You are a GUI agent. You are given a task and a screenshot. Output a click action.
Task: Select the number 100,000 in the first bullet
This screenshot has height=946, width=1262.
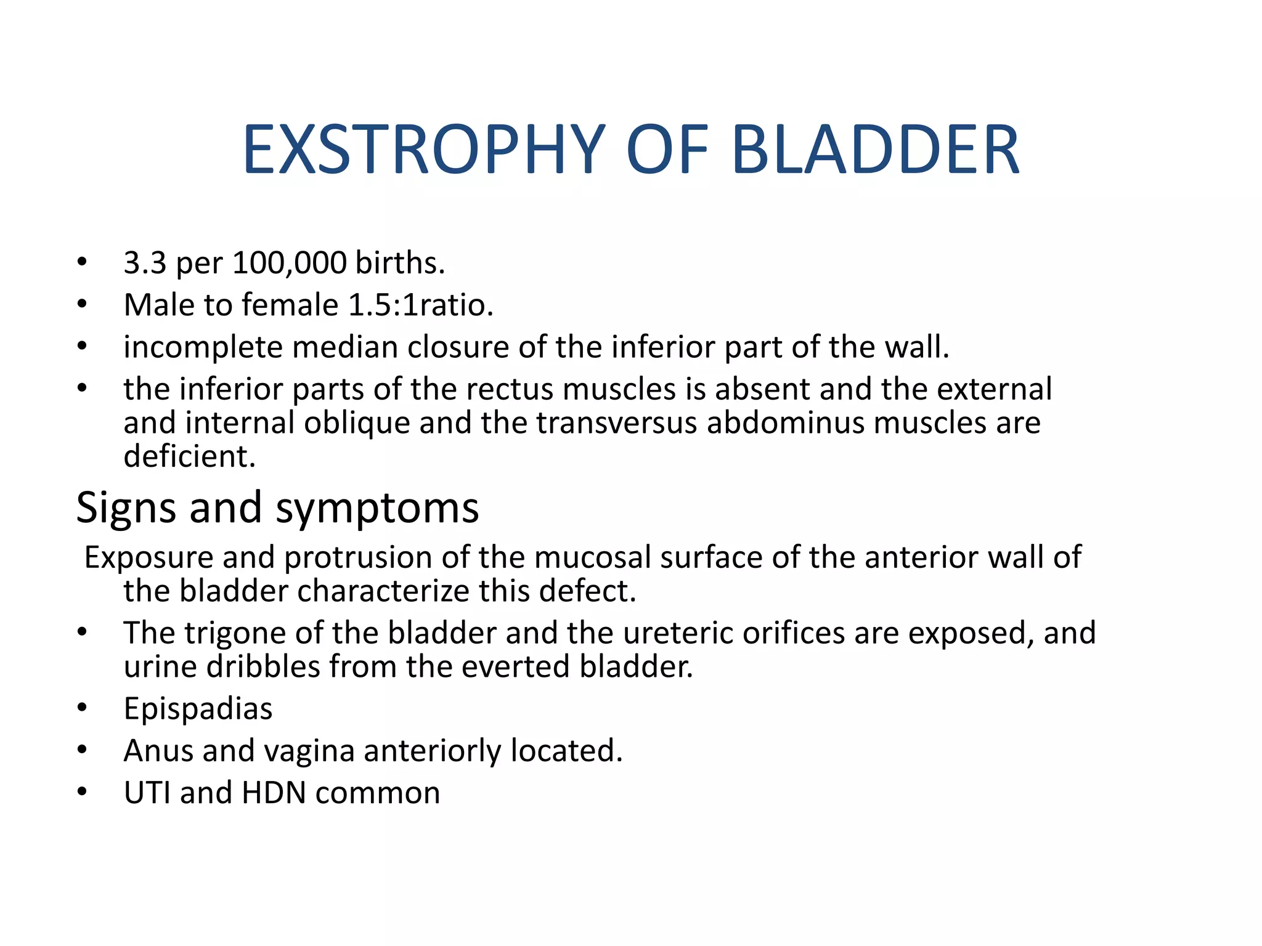[290, 263]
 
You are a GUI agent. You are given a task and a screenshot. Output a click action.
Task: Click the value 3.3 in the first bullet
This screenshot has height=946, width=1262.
[145, 263]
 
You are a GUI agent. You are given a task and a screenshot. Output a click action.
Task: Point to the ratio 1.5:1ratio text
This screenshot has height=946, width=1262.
[421, 305]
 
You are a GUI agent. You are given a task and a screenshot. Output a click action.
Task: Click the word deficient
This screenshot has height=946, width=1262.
[189, 456]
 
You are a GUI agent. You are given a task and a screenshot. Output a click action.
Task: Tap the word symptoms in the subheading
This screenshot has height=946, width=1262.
[377, 509]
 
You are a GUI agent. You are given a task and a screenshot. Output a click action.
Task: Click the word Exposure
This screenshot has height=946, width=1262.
[149, 557]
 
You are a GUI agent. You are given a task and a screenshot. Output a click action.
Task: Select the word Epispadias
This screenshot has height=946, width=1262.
[198, 709]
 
